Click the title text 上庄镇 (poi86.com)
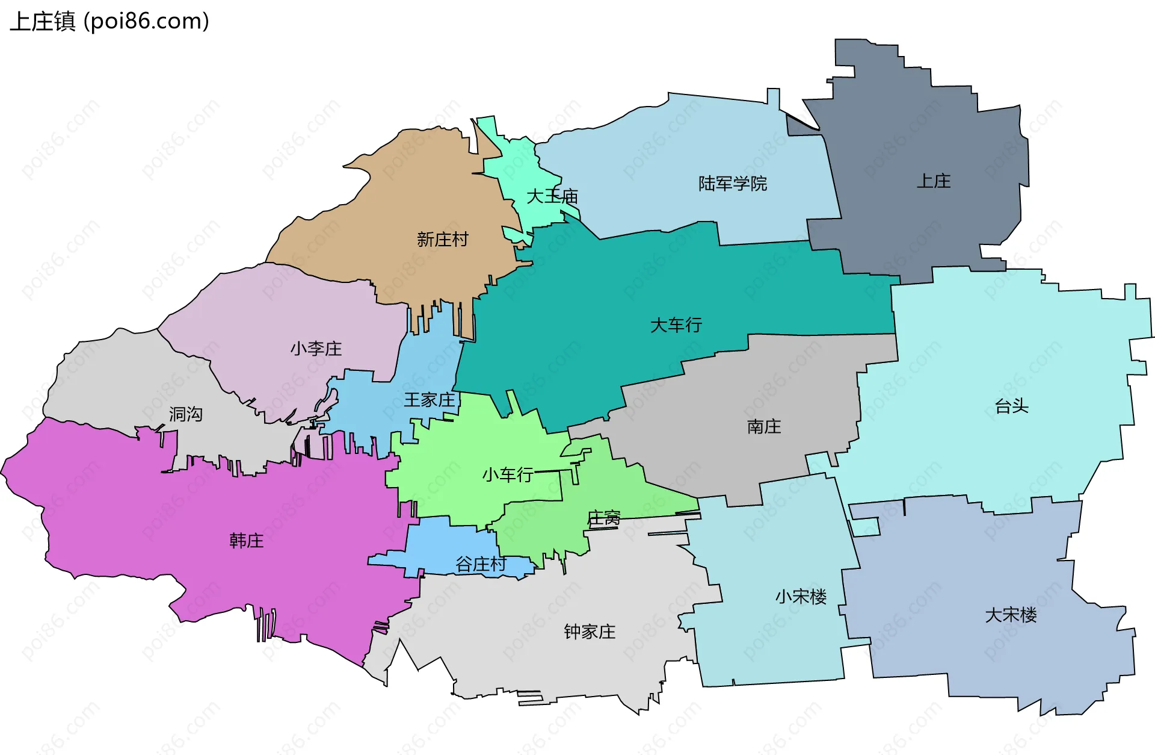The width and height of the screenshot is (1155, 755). click(x=109, y=22)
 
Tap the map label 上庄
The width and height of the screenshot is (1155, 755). click(x=934, y=181)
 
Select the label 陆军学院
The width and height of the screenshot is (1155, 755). click(x=732, y=184)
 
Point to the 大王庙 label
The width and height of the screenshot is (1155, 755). click(x=552, y=196)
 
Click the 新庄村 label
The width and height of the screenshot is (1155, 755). click(x=442, y=240)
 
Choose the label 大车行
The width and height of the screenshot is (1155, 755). click(x=676, y=325)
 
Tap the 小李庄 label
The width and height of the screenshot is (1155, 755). click(x=316, y=349)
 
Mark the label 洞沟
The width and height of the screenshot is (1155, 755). click(x=185, y=414)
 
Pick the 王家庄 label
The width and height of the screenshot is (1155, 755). click(x=430, y=400)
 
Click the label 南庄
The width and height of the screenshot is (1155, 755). click(x=764, y=427)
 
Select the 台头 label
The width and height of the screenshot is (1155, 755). click(x=1012, y=406)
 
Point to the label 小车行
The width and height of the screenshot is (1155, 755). click(x=508, y=475)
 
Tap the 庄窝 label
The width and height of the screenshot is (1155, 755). click(x=603, y=518)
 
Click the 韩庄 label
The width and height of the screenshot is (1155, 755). click(x=247, y=541)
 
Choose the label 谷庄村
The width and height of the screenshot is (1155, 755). click(x=481, y=564)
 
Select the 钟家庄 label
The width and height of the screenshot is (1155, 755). click(x=590, y=632)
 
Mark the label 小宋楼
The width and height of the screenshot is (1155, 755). click(x=801, y=597)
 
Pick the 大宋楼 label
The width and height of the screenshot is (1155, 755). click(x=1011, y=615)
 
